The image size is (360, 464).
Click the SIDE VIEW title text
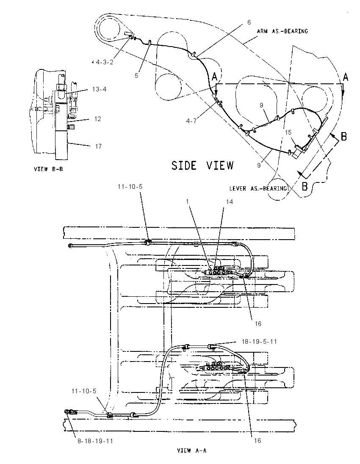[x=202, y=165]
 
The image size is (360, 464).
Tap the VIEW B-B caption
[x=48, y=169]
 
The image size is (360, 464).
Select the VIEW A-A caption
[x=191, y=450]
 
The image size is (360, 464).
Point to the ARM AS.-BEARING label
[x=282, y=31]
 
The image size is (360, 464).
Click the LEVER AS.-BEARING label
[x=258, y=188]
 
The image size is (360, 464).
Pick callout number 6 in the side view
[x=249, y=22]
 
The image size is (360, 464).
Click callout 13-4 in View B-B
[x=99, y=89]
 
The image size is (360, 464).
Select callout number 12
[x=98, y=119]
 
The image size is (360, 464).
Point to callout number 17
[x=98, y=146]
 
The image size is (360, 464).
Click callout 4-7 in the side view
[x=191, y=121]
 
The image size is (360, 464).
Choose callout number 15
[x=288, y=133]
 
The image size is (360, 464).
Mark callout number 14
[x=230, y=202]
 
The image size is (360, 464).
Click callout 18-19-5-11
[x=259, y=342]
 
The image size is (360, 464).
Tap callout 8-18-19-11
[x=95, y=441]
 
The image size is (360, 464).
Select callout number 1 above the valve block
[x=187, y=201]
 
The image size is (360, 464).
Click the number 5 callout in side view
[x=136, y=75]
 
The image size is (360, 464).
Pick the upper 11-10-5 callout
[x=130, y=186]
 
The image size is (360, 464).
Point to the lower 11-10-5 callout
[x=84, y=391]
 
